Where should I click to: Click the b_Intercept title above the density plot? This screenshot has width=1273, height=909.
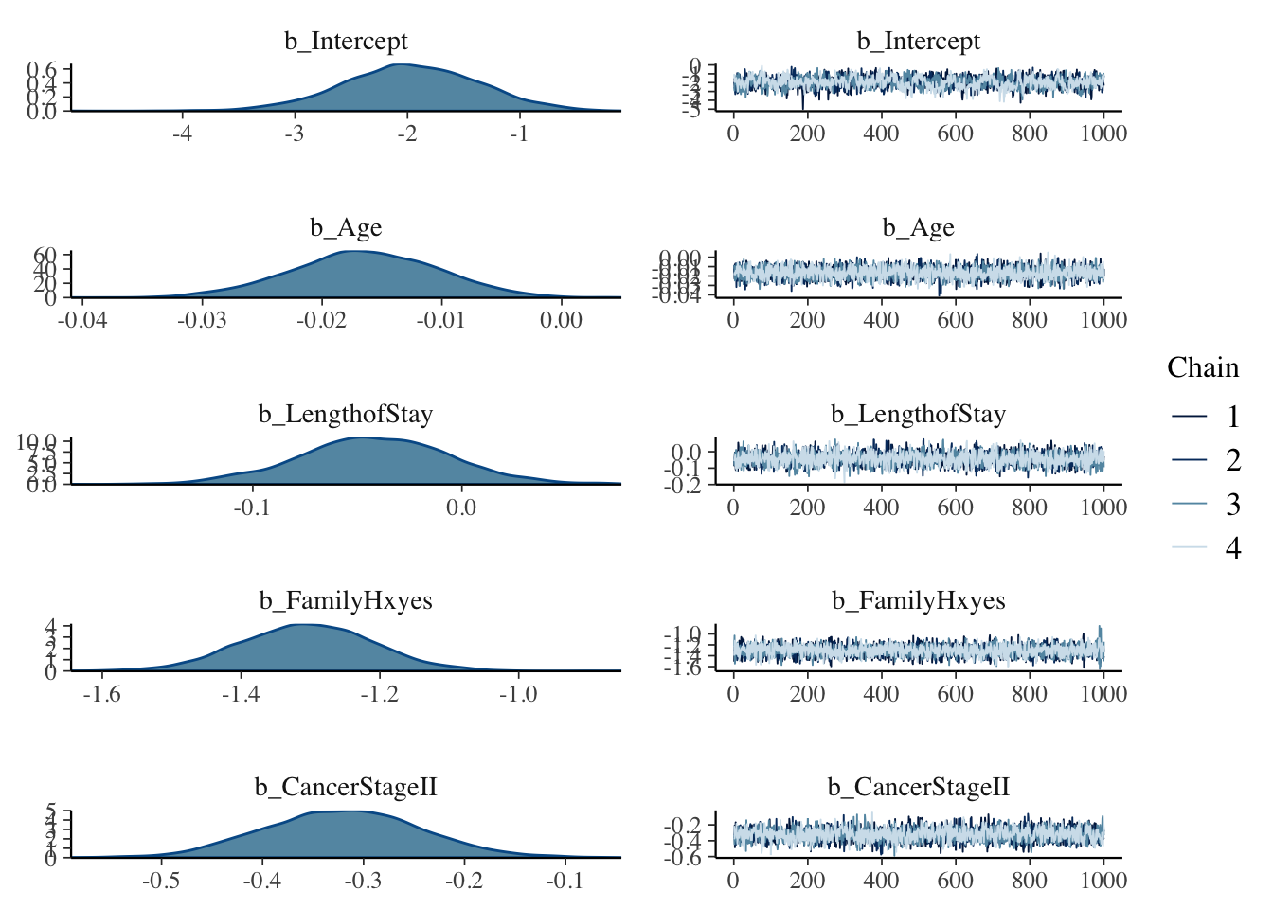point(346,42)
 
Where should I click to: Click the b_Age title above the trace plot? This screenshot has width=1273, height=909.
point(918,228)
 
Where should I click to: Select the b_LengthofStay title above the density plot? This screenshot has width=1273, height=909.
point(346,415)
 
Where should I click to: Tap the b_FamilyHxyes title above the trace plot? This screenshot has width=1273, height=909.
point(918,601)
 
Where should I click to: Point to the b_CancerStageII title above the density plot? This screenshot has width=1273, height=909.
point(346,788)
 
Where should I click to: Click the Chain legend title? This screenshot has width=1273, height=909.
point(1202,367)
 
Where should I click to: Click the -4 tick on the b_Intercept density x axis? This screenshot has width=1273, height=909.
point(182,134)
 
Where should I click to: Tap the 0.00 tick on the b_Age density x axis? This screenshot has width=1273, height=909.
point(561,320)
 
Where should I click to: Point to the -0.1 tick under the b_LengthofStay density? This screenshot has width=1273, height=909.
point(252,507)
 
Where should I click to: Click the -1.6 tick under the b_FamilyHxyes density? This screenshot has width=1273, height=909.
point(101,693)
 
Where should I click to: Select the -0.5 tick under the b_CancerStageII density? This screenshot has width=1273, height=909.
point(161,880)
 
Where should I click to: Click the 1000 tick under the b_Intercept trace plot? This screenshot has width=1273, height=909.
point(1103,134)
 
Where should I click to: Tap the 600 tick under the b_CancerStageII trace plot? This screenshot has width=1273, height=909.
point(955,880)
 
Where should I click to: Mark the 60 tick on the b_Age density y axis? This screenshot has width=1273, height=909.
point(46,256)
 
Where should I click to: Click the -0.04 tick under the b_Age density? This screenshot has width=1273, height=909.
point(82,320)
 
